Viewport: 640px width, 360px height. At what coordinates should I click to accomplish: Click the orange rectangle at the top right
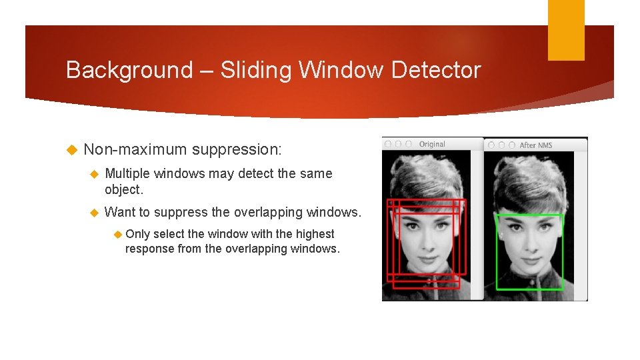(x=566, y=30)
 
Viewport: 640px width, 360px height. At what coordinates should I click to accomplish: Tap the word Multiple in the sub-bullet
(x=127, y=173)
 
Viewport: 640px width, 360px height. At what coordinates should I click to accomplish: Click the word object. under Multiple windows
(x=124, y=189)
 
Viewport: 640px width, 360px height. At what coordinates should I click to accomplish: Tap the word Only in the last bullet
(x=137, y=234)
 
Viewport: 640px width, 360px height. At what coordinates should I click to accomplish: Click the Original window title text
(x=432, y=144)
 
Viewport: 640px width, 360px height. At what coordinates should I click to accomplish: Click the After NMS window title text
(x=536, y=145)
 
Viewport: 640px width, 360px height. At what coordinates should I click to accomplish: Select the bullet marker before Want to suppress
(x=93, y=213)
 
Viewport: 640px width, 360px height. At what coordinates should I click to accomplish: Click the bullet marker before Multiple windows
(x=93, y=174)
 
